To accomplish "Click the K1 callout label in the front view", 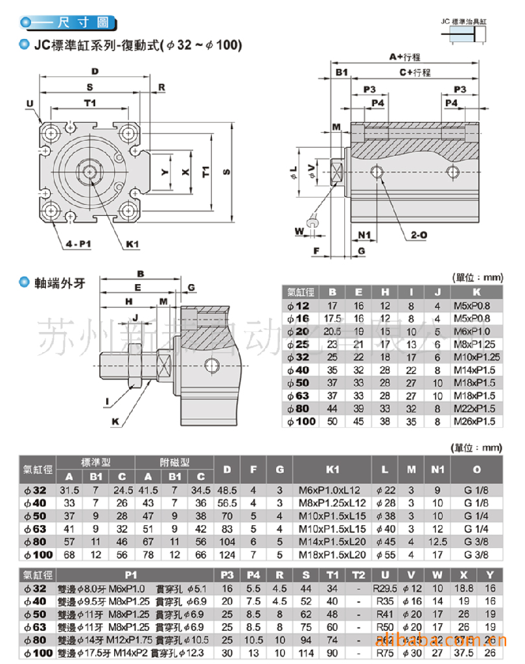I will pos(133,244).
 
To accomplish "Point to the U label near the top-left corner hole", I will pos(30,103).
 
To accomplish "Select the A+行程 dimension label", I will pos(404,57).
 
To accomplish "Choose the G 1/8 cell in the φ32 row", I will pos(476,490).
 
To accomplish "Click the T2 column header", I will pos(358,575).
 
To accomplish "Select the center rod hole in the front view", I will pos(89,171).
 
